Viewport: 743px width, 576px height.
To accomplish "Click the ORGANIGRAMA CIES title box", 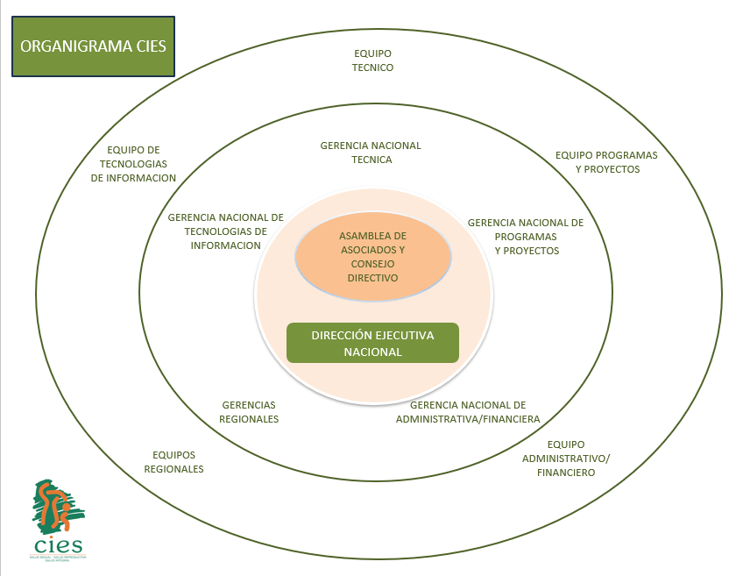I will pyautogui.click(x=94, y=45).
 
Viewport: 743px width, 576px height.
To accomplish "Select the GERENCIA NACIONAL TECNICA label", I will pyautogui.click(x=371, y=153).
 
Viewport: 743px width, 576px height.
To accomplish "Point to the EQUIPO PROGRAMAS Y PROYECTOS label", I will pyautogui.click(x=606, y=162).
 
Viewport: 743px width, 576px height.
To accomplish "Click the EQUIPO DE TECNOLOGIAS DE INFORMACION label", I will pyautogui.click(x=134, y=164).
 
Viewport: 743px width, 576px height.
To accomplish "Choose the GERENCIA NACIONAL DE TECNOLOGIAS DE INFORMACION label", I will pyautogui.click(x=225, y=231).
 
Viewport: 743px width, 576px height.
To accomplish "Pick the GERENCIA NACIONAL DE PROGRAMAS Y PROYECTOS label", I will pyautogui.click(x=526, y=237).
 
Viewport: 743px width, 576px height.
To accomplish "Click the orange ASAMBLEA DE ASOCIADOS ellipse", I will pyautogui.click(x=372, y=257).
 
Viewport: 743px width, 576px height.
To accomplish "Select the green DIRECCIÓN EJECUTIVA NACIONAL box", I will pyautogui.click(x=372, y=343).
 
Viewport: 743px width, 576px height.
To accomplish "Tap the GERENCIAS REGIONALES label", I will pyautogui.click(x=249, y=412).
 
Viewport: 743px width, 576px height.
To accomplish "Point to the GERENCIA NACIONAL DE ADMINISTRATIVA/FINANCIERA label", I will pyautogui.click(x=468, y=412).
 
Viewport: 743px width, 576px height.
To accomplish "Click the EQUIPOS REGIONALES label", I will pyautogui.click(x=173, y=462).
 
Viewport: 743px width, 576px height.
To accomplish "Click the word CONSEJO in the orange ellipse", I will pyautogui.click(x=372, y=264).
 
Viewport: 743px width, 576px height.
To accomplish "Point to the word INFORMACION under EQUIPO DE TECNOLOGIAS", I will pyautogui.click(x=134, y=178).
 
